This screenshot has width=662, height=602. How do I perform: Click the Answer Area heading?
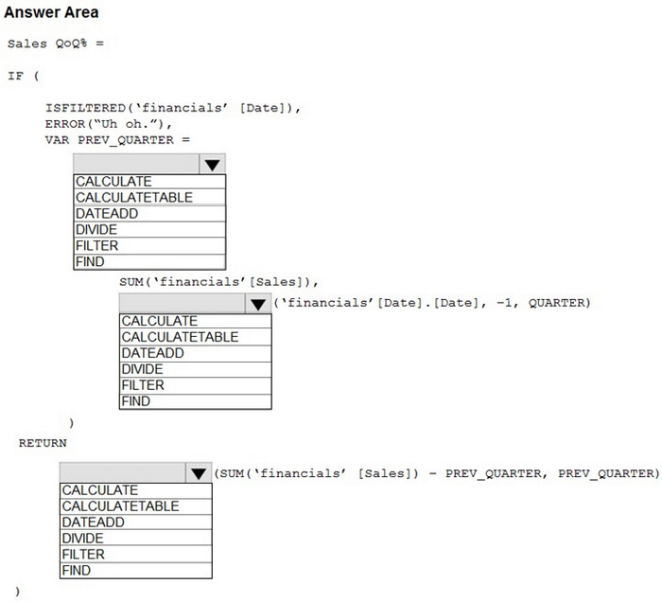(51, 12)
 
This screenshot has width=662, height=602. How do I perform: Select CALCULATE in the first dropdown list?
(149, 182)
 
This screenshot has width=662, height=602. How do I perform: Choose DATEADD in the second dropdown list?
(195, 353)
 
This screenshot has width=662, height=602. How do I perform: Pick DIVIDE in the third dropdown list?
(135, 539)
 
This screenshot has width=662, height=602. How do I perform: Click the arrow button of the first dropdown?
(212, 164)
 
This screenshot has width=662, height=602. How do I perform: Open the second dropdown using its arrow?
(257, 304)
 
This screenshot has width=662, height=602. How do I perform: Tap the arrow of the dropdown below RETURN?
(198, 473)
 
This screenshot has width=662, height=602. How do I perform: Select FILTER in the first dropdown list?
(149, 246)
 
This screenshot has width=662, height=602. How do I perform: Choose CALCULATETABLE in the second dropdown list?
(195, 337)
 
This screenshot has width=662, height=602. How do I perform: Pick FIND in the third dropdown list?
(135, 571)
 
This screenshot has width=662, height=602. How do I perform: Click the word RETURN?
(43, 443)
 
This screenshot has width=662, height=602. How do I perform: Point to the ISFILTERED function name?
(86, 108)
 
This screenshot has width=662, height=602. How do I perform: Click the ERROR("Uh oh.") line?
(109, 124)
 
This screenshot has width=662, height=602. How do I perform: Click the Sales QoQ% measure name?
(47, 44)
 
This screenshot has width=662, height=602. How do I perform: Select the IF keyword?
(16, 76)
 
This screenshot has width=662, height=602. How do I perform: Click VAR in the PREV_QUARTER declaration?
(57, 140)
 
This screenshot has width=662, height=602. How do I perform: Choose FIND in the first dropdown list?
(149, 262)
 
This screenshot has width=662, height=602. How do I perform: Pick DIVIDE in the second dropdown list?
(195, 369)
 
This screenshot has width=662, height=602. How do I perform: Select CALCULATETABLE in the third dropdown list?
(135, 506)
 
